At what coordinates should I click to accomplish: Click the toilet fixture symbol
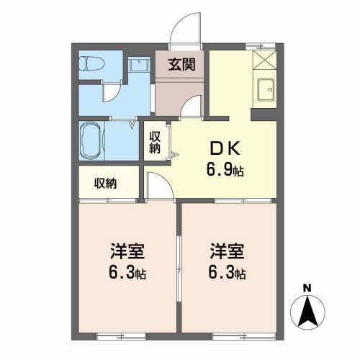(x=91, y=63)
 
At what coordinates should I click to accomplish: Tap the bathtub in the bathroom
(x=91, y=140)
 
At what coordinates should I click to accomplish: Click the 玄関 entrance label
(x=181, y=65)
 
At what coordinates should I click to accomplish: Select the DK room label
(x=225, y=148)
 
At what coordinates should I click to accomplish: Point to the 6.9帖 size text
(x=225, y=170)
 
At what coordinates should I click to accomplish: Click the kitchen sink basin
(x=266, y=90)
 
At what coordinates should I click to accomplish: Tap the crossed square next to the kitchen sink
(x=264, y=60)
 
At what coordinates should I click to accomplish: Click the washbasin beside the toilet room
(x=139, y=64)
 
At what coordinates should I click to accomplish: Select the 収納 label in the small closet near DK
(x=155, y=143)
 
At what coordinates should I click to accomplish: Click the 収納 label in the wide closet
(x=105, y=184)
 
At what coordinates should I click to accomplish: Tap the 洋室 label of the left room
(x=127, y=251)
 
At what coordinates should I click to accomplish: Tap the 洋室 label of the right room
(x=227, y=251)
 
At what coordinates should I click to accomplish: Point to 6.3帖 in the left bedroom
(x=127, y=273)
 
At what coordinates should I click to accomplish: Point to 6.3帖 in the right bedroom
(x=227, y=273)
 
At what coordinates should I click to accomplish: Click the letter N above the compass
(x=307, y=288)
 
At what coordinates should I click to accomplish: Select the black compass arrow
(x=307, y=312)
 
